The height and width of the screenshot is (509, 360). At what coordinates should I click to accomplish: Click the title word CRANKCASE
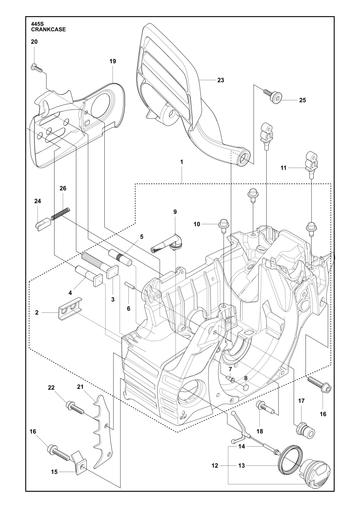pyautogui.click(x=48, y=29)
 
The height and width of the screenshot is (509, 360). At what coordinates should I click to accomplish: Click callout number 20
pyautogui.click(x=34, y=42)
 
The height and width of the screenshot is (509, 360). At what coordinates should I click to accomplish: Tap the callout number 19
pyautogui.click(x=113, y=61)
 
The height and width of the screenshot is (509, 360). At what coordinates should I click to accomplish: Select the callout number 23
pyautogui.click(x=221, y=80)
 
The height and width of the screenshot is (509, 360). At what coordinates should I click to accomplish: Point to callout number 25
pyautogui.click(x=302, y=100)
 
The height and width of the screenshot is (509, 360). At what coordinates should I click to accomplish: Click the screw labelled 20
pyautogui.click(x=37, y=68)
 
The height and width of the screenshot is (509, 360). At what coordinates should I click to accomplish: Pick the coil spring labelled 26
pyautogui.click(x=62, y=214)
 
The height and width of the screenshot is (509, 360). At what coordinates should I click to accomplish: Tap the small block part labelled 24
pyautogui.click(x=43, y=222)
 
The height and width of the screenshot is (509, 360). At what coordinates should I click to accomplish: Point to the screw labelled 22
pyautogui.click(x=74, y=406)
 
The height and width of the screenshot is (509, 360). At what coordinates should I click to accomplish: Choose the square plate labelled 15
pyautogui.click(x=79, y=462)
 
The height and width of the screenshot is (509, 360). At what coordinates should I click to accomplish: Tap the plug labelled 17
pyautogui.click(x=306, y=431)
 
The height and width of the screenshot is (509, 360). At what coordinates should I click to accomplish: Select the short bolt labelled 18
pyautogui.click(x=265, y=407)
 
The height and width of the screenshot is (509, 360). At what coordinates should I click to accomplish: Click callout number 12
pyautogui.click(x=215, y=465)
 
